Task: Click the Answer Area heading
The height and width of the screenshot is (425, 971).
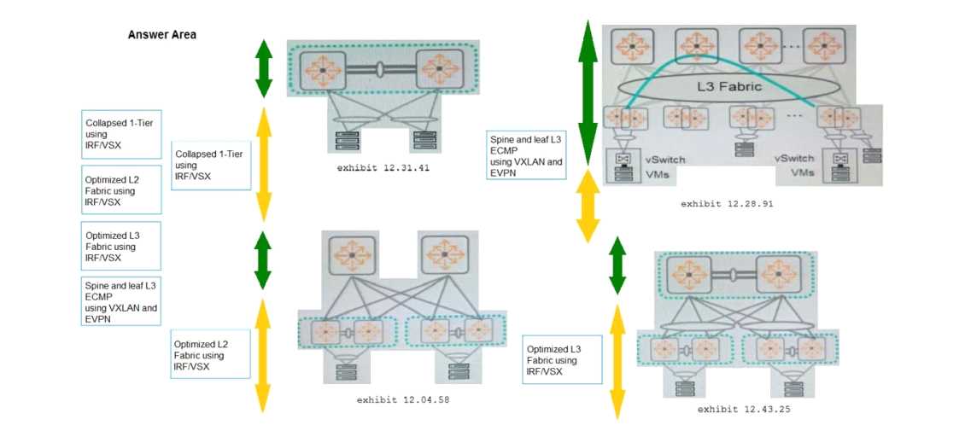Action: pos(162,35)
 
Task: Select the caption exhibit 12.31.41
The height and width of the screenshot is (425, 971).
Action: pos(381,168)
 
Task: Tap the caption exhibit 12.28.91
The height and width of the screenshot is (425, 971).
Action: pos(727,204)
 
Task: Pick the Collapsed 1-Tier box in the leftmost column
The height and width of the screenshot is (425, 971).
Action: pos(121,134)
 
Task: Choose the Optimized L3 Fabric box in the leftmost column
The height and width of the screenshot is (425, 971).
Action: pos(121,247)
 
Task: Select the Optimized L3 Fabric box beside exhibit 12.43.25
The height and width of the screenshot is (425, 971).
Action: pos(563,360)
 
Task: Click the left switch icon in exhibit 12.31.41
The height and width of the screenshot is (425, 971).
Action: pos(324,68)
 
